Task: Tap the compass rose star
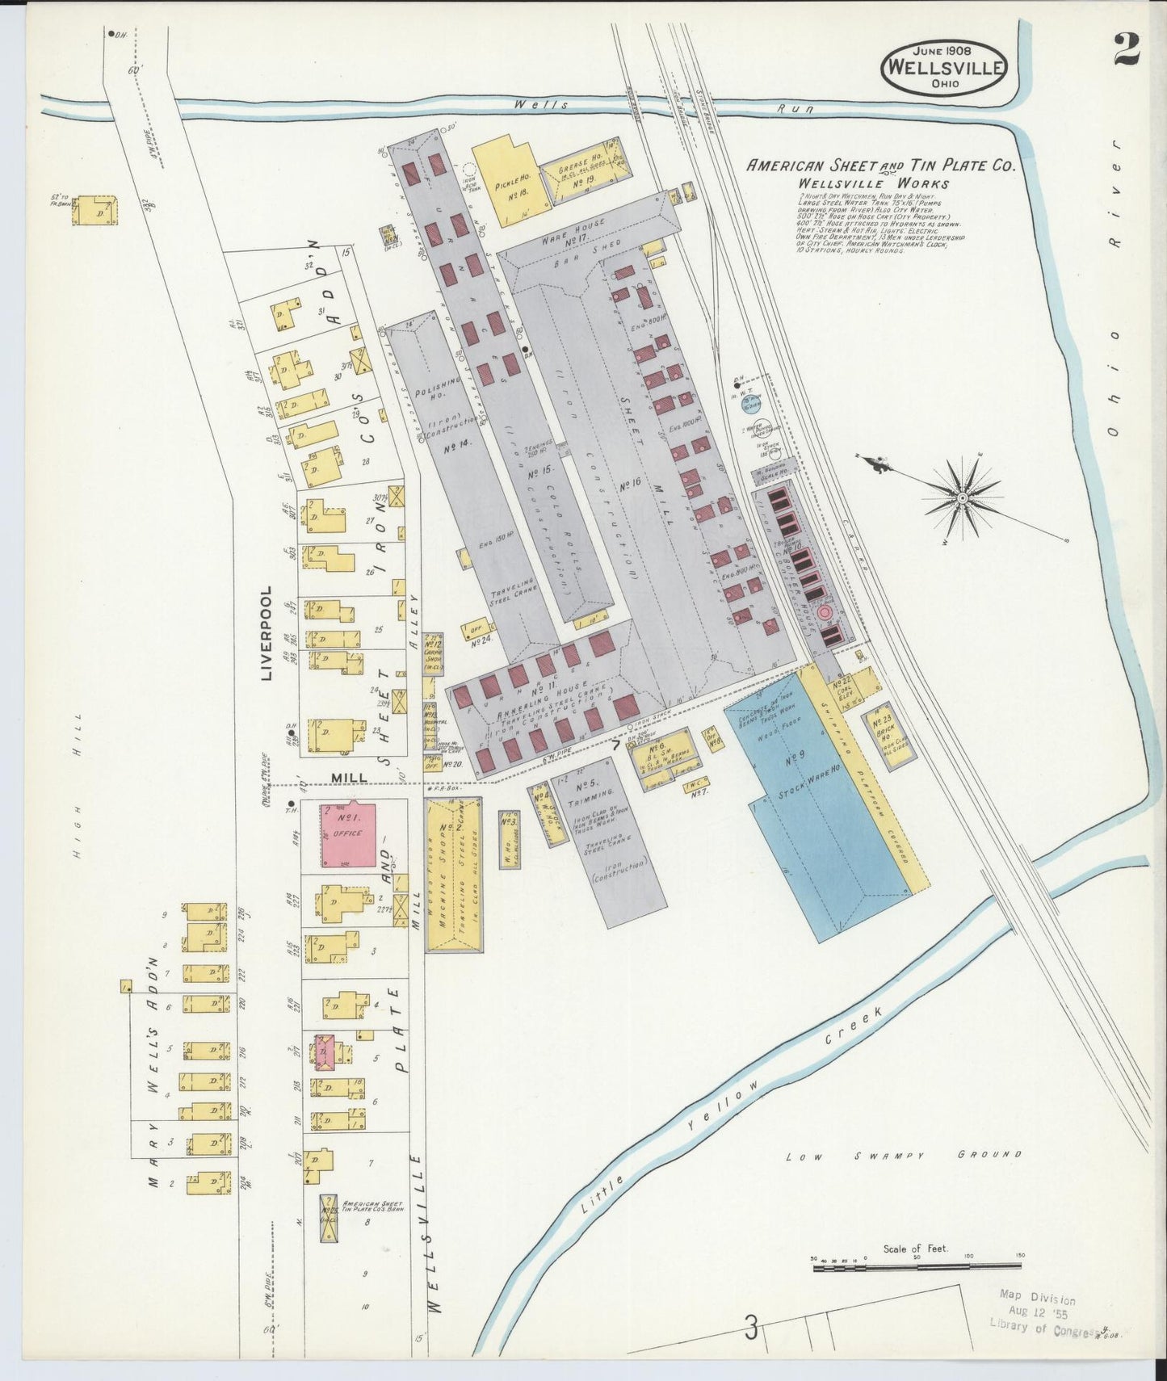(963, 497)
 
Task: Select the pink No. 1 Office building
(349, 834)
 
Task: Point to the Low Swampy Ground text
(905, 1156)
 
